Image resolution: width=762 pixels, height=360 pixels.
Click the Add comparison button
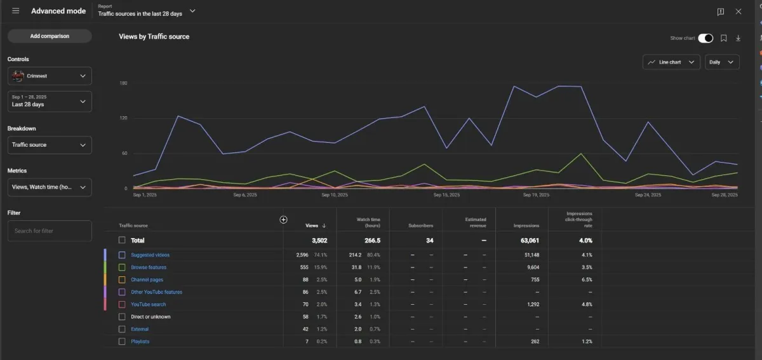[x=50, y=36]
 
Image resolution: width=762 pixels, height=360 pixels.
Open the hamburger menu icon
[x=16, y=11]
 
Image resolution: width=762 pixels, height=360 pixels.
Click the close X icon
[x=739, y=11]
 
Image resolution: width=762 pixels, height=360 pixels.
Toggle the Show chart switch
[x=705, y=38]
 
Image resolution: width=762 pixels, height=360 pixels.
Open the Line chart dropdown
[x=671, y=62]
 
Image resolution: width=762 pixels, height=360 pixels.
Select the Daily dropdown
[x=722, y=62]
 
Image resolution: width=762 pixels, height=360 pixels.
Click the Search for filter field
[x=50, y=230]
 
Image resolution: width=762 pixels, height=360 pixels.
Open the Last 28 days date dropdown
[x=50, y=101]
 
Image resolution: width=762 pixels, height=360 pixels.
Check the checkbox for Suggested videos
[x=122, y=255]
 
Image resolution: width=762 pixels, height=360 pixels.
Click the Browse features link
[x=149, y=267]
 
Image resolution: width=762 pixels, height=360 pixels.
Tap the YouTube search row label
[x=149, y=304]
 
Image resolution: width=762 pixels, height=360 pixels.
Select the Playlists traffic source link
[x=140, y=342]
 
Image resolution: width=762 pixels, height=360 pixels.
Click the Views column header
[x=312, y=225]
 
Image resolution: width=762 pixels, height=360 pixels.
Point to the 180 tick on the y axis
[x=123, y=83]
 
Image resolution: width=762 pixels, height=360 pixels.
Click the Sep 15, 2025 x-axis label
[x=446, y=195]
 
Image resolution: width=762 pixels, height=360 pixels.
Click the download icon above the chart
[x=738, y=38]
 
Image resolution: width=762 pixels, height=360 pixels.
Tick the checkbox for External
[x=122, y=329]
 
